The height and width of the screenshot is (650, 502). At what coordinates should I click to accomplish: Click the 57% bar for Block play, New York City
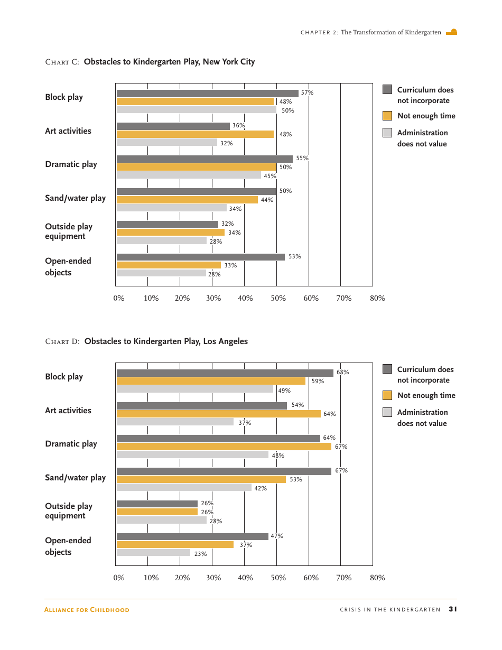[x=207, y=94]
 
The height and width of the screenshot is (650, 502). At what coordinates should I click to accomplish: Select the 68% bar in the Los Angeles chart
[x=225, y=373]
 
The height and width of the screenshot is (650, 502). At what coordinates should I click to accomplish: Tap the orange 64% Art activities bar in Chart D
[x=218, y=414]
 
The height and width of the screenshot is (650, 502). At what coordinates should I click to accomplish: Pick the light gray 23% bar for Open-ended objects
[x=153, y=553]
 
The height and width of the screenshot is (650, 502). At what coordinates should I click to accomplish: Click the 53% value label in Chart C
[x=294, y=257]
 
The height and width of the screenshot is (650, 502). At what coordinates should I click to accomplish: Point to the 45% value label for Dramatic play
[x=269, y=176]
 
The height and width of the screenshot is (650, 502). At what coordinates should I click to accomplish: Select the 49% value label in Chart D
[x=284, y=391]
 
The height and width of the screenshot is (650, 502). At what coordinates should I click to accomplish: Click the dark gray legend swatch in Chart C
[x=387, y=89]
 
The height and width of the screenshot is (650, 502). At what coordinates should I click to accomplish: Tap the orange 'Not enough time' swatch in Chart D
[x=387, y=395]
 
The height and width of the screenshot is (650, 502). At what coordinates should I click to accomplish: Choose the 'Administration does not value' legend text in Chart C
[x=422, y=138]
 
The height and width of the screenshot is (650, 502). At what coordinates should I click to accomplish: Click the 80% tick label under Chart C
[x=377, y=298]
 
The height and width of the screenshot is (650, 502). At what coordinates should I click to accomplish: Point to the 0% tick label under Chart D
[x=119, y=578]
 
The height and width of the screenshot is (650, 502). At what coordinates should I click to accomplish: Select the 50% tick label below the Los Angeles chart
[x=278, y=578]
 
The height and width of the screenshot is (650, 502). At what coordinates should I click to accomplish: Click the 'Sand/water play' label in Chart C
[x=75, y=198]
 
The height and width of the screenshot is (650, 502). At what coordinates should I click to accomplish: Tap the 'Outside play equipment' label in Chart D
[x=68, y=511]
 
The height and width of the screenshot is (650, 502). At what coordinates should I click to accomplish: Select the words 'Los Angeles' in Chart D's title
[x=225, y=341]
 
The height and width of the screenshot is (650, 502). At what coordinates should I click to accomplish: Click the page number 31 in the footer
[x=452, y=609]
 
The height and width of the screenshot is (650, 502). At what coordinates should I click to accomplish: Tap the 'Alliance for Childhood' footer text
[x=87, y=610]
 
